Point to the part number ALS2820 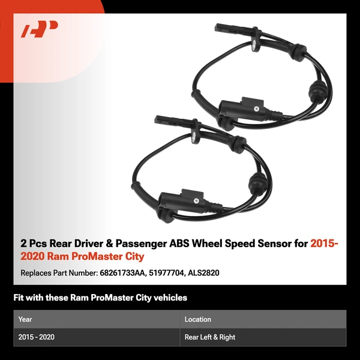(203, 272)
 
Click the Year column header (25, 319)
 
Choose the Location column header (197, 319)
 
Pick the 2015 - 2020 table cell (37, 337)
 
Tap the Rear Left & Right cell (209, 337)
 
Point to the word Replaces (37, 272)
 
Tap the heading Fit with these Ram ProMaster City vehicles (100, 298)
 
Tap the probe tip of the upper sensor (221, 26)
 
